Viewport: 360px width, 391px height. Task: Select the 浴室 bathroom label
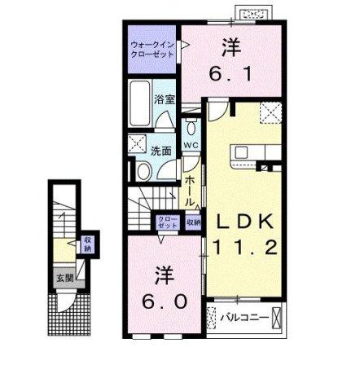(x=165, y=100)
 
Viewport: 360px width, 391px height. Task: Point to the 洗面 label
(x=160, y=151)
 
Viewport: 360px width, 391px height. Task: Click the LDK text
(x=248, y=222)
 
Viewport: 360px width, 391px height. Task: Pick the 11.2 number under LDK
(x=248, y=246)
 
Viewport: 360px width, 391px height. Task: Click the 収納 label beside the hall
(x=192, y=222)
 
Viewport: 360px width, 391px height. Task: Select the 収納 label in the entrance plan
(x=86, y=244)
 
